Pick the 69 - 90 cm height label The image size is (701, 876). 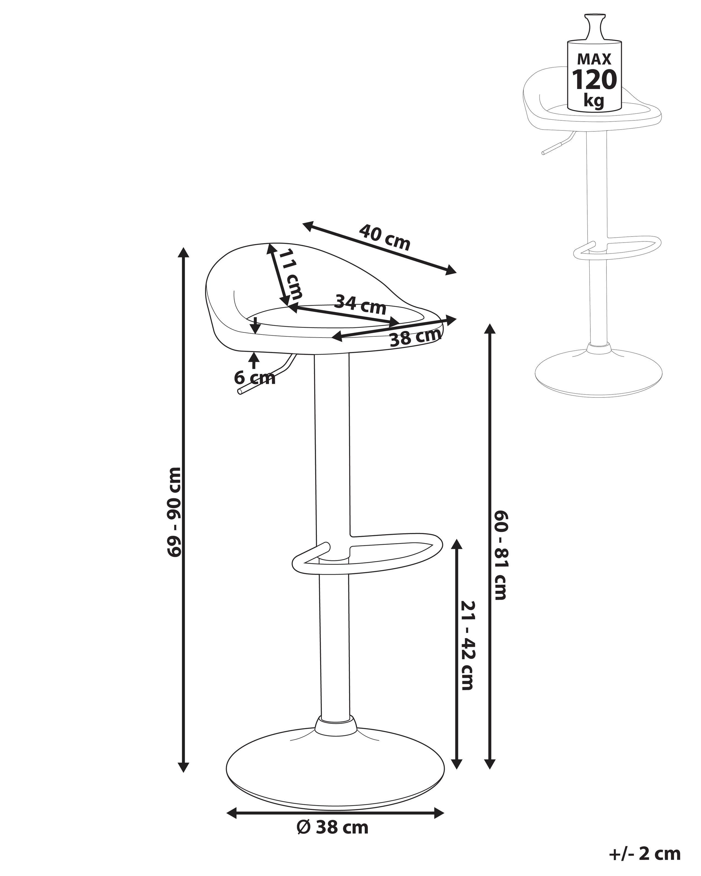[x=175, y=512]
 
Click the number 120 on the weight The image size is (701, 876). [x=594, y=80]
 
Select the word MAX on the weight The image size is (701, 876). [x=594, y=59]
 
